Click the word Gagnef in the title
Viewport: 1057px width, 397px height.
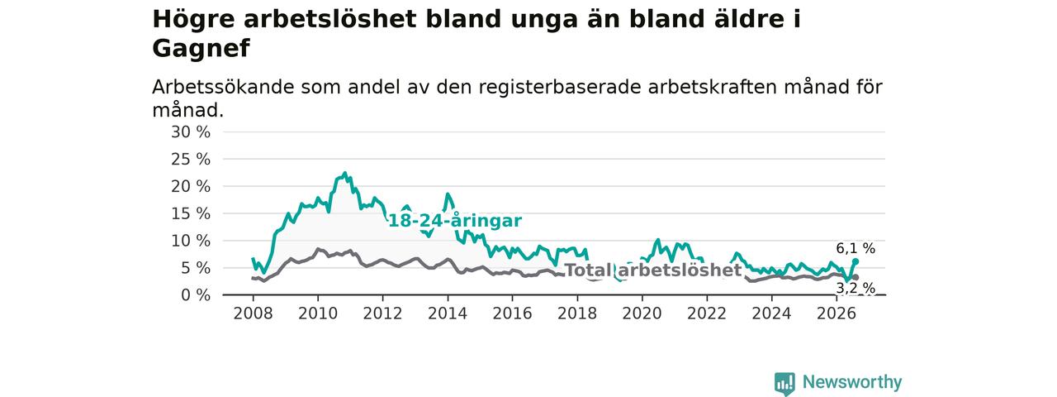point(201,49)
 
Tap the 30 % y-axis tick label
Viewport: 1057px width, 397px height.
point(191,132)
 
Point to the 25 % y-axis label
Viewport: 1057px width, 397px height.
point(191,160)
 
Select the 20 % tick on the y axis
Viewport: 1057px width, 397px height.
point(191,186)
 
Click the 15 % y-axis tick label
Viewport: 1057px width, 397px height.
point(191,213)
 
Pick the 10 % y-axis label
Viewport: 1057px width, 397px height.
point(191,241)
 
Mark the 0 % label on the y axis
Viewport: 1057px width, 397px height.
point(196,295)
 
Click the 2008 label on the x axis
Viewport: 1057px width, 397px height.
point(253,313)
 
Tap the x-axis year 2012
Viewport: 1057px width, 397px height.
point(382,313)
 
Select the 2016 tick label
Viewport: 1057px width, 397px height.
point(513,313)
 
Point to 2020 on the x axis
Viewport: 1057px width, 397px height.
point(642,313)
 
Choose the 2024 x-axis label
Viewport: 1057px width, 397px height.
point(771,313)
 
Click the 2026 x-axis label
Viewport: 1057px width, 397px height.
point(837,313)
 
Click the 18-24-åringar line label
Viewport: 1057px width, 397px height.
point(455,221)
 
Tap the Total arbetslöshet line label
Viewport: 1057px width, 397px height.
point(653,270)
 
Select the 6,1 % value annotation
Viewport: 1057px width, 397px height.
point(856,248)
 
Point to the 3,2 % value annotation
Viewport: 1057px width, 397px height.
point(856,288)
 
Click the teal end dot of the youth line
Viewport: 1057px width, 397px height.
point(856,261)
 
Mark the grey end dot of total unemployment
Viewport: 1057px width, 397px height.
point(856,277)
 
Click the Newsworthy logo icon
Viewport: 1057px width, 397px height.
point(784,383)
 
